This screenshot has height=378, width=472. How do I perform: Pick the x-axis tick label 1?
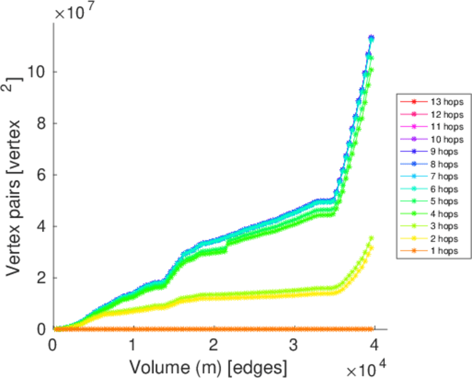click(x=133, y=345)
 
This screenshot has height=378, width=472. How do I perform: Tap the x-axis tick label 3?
click(x=294, y=345)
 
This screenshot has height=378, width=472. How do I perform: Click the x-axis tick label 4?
click(x=374, y=345)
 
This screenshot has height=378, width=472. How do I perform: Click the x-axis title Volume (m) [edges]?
click(x=210, y=366)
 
